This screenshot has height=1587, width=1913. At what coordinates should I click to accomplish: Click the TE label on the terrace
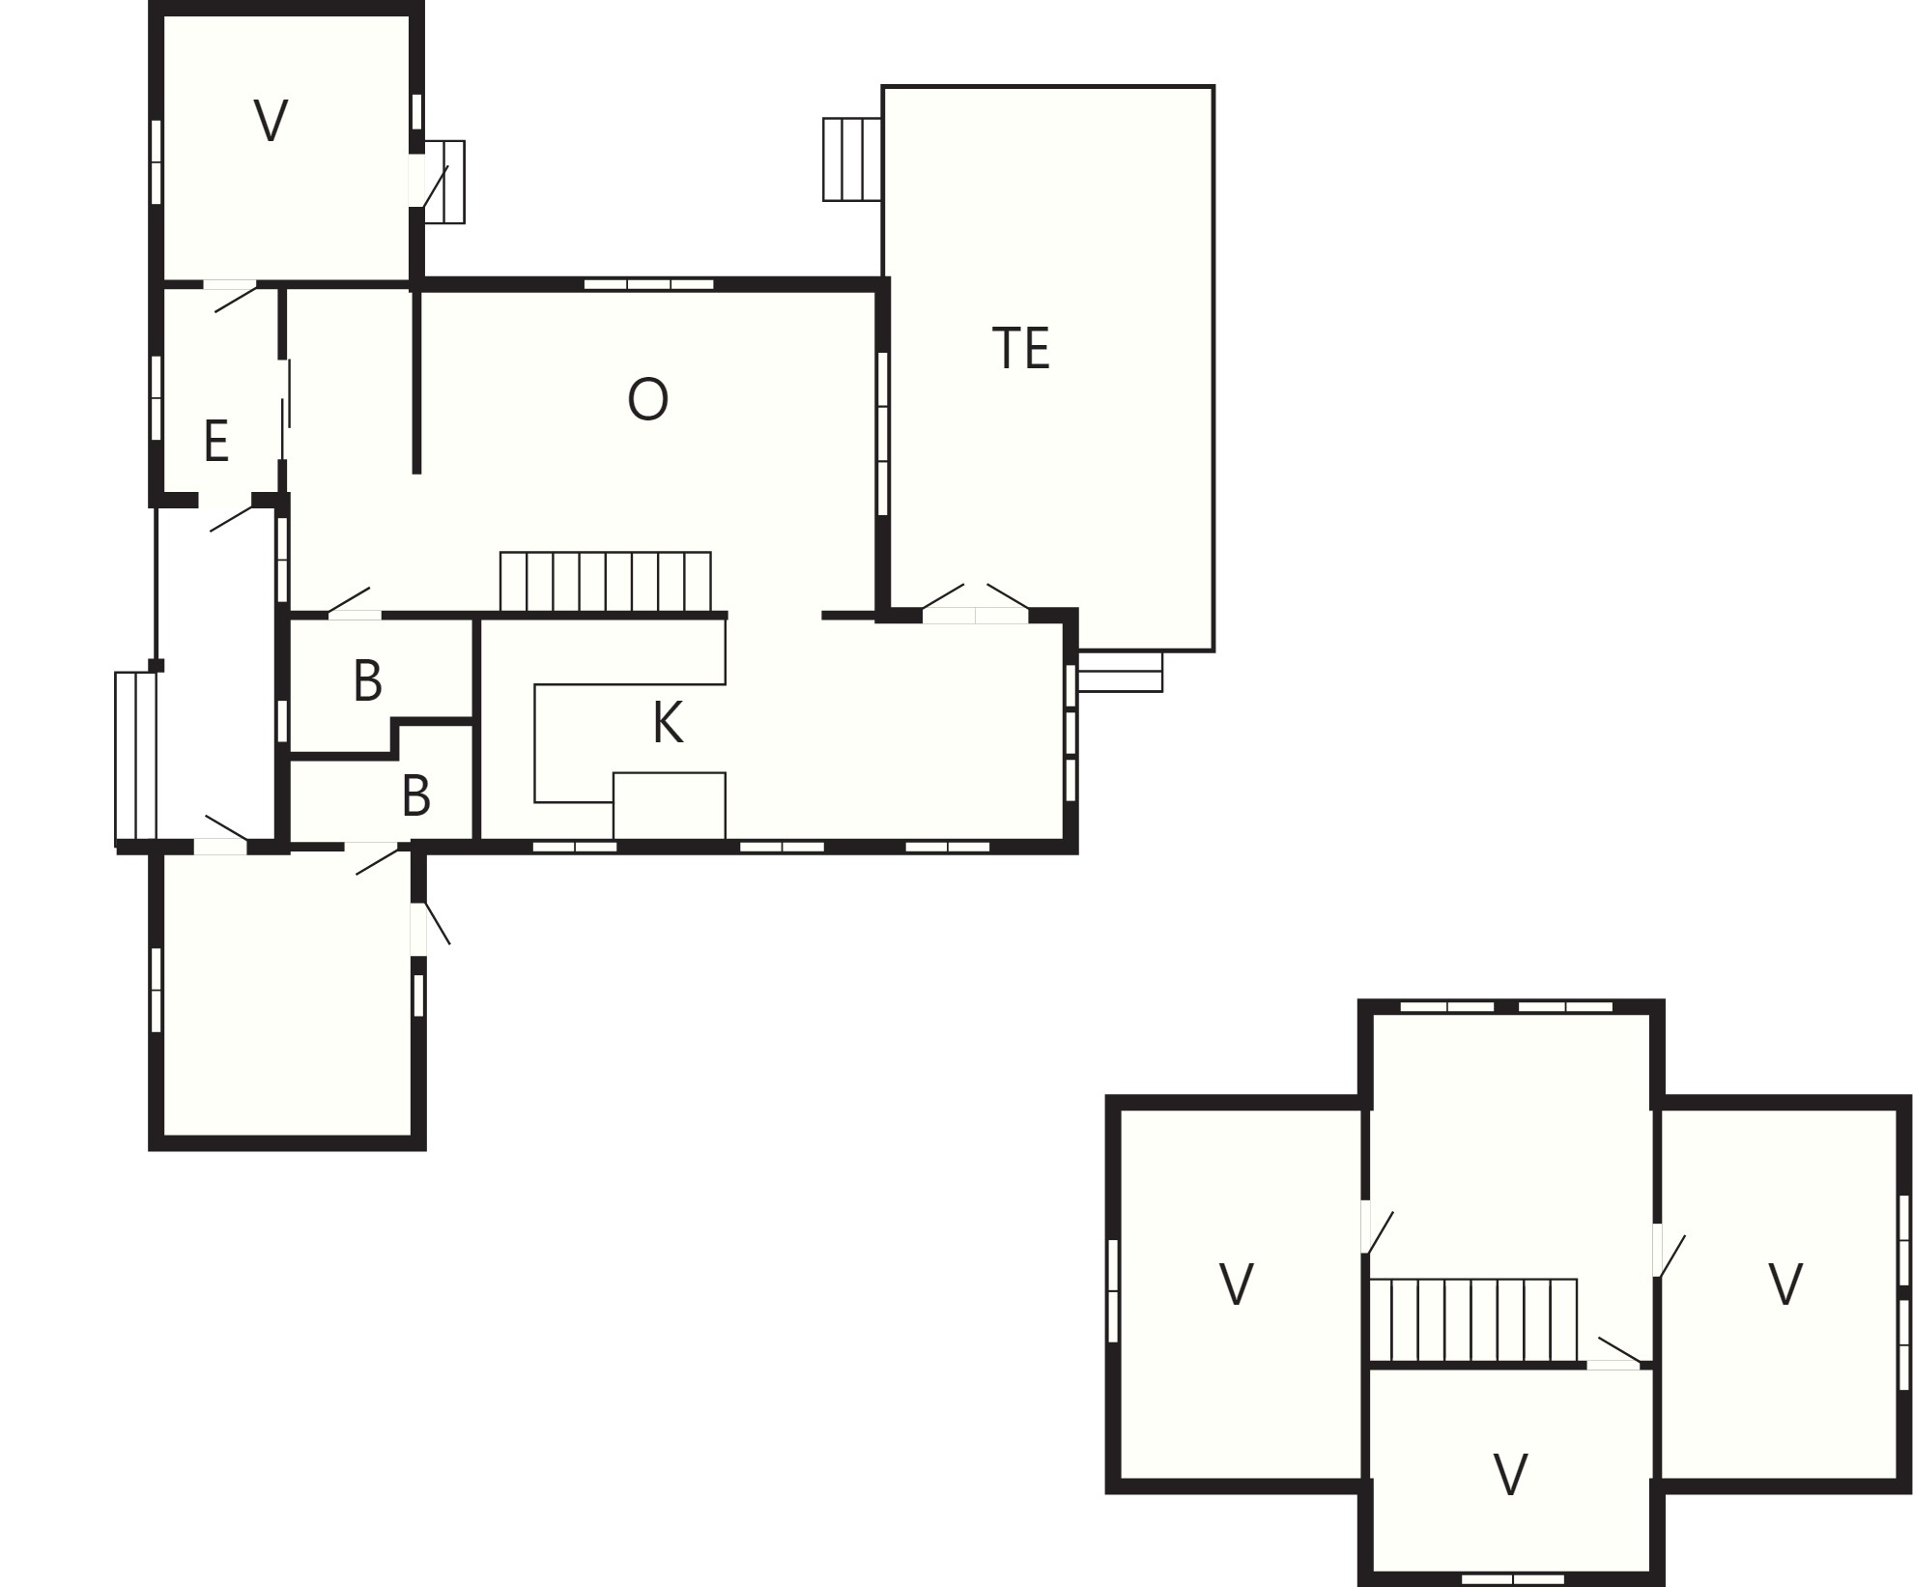[x=1020, y=348]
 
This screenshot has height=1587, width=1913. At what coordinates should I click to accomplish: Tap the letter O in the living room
[x=647, y=399]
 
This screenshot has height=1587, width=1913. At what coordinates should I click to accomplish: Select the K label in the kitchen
[x=668, y=722]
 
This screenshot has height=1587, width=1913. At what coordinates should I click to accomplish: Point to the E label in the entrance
[x=216, y=441]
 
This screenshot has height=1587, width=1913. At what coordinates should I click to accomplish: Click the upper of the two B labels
[x=367, y=680]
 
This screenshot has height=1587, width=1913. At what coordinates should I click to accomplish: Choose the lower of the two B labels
[x=415, y=795]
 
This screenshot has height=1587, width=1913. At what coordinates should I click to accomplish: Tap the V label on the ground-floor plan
[x=271, y=122]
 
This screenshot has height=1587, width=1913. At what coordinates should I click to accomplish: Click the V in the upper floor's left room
[x=1237, y=1284]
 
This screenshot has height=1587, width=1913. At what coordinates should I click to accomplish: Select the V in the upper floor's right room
[x=1785, y=1284]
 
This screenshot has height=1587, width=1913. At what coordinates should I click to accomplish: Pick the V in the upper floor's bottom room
[x=1511, y=1475]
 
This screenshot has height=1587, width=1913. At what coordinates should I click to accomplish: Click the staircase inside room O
[x=606, y=582]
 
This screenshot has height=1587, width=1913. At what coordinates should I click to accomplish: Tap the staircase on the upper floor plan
[x=1473, y=1321]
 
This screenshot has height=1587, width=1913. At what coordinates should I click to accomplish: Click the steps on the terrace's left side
[x=852, y=159]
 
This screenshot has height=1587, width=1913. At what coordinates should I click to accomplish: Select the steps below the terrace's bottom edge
[x=1120, y=672]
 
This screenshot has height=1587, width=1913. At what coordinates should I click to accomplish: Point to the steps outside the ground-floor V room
[x=445, y=182]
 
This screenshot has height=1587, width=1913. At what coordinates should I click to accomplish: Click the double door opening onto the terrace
[x=976, y=606]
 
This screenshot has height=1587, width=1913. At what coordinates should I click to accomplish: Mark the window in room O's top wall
[x=649, y=284]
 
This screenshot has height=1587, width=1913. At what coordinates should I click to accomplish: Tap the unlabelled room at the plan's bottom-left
[x=287, y=995]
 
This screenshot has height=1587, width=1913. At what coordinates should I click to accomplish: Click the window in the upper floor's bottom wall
[x=1512, y=1578]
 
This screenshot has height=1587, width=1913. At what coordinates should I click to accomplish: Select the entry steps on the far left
[x=135, y=756]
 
